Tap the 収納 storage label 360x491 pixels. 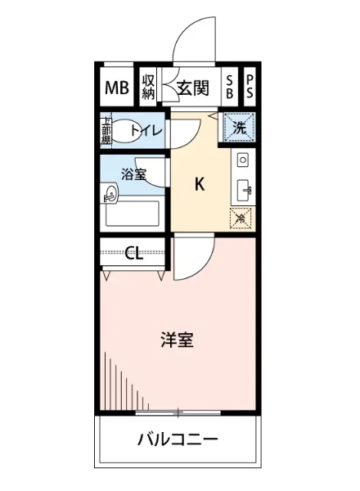pyautogui.click(x=148, y=87)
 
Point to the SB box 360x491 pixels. pyautogui.click(x=229, y=88)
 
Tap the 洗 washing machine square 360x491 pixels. pyautogui.click(x=240, y=128)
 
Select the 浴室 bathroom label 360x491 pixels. pyautogui.click(x=133, y=174)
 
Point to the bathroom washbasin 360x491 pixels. pyautogui.click(x=111, y=194)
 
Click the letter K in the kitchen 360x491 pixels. pyautogui.click(x=198, y=185)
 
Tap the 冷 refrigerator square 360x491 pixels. pyautogui.click(x=241, y=218)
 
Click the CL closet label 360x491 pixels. pyautogui.click(x=134, y=253)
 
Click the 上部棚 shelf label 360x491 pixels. pyautogui.click(x=106, y=131)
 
